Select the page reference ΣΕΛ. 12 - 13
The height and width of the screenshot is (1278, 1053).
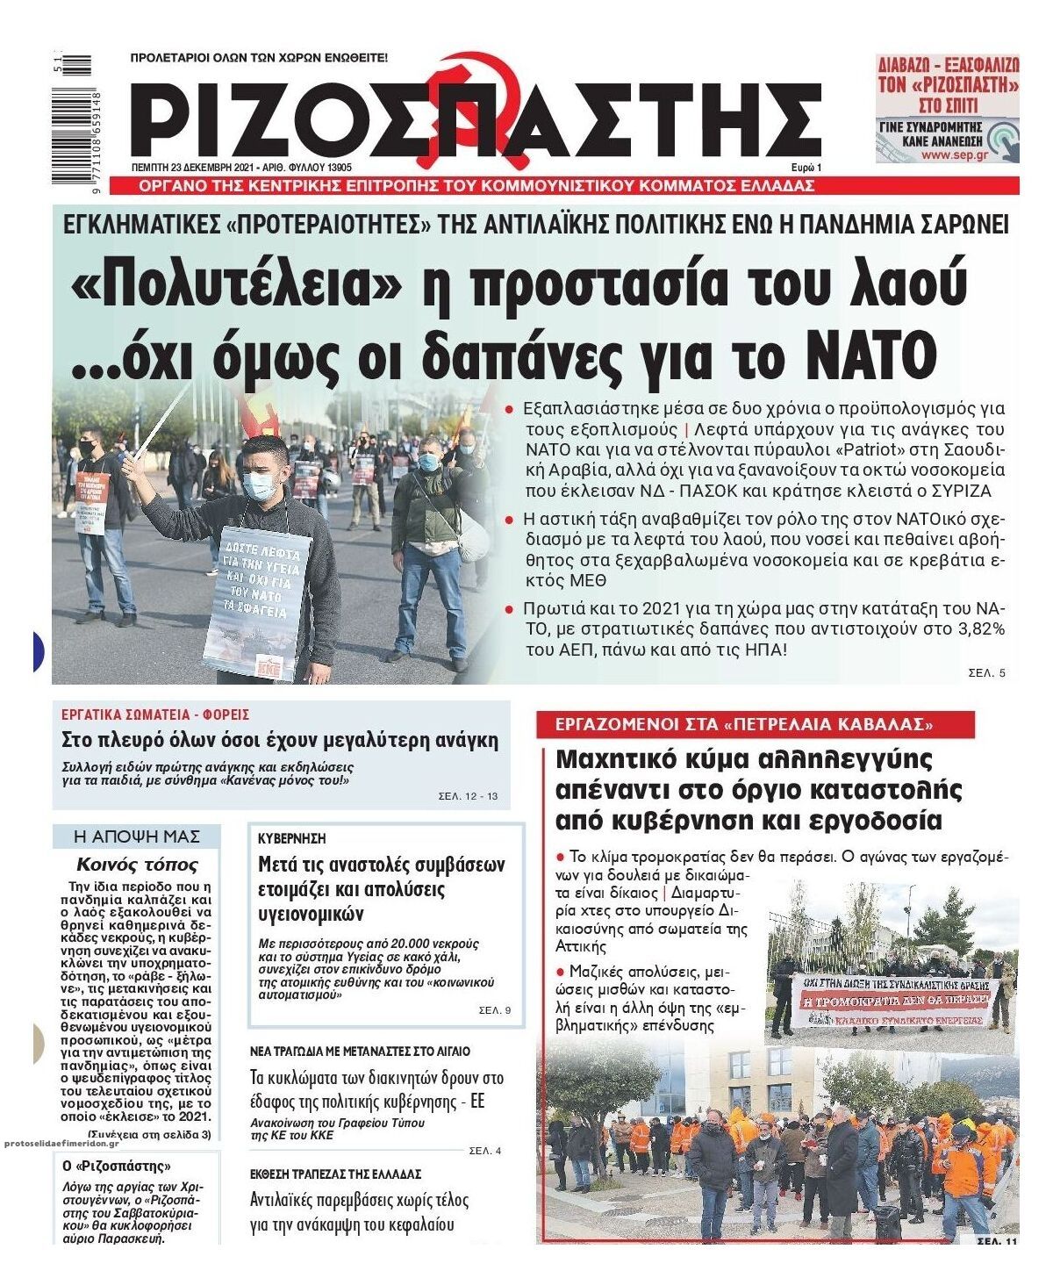pyautogui.click(x=468, y=797)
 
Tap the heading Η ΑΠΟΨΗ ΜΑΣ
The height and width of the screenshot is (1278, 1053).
pyautogui.click(x=136, y=836)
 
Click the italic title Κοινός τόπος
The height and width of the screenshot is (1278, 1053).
pyautogui.click(x=137, y=864)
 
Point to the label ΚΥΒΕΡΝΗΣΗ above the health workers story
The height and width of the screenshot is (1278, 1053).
pyautogui.click(x=280, y=839)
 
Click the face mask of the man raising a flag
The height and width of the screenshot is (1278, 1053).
pyautogui.click(x=259, y=484)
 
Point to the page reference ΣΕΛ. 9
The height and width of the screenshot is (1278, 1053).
pyautogui.click(x=494, y=1010)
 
